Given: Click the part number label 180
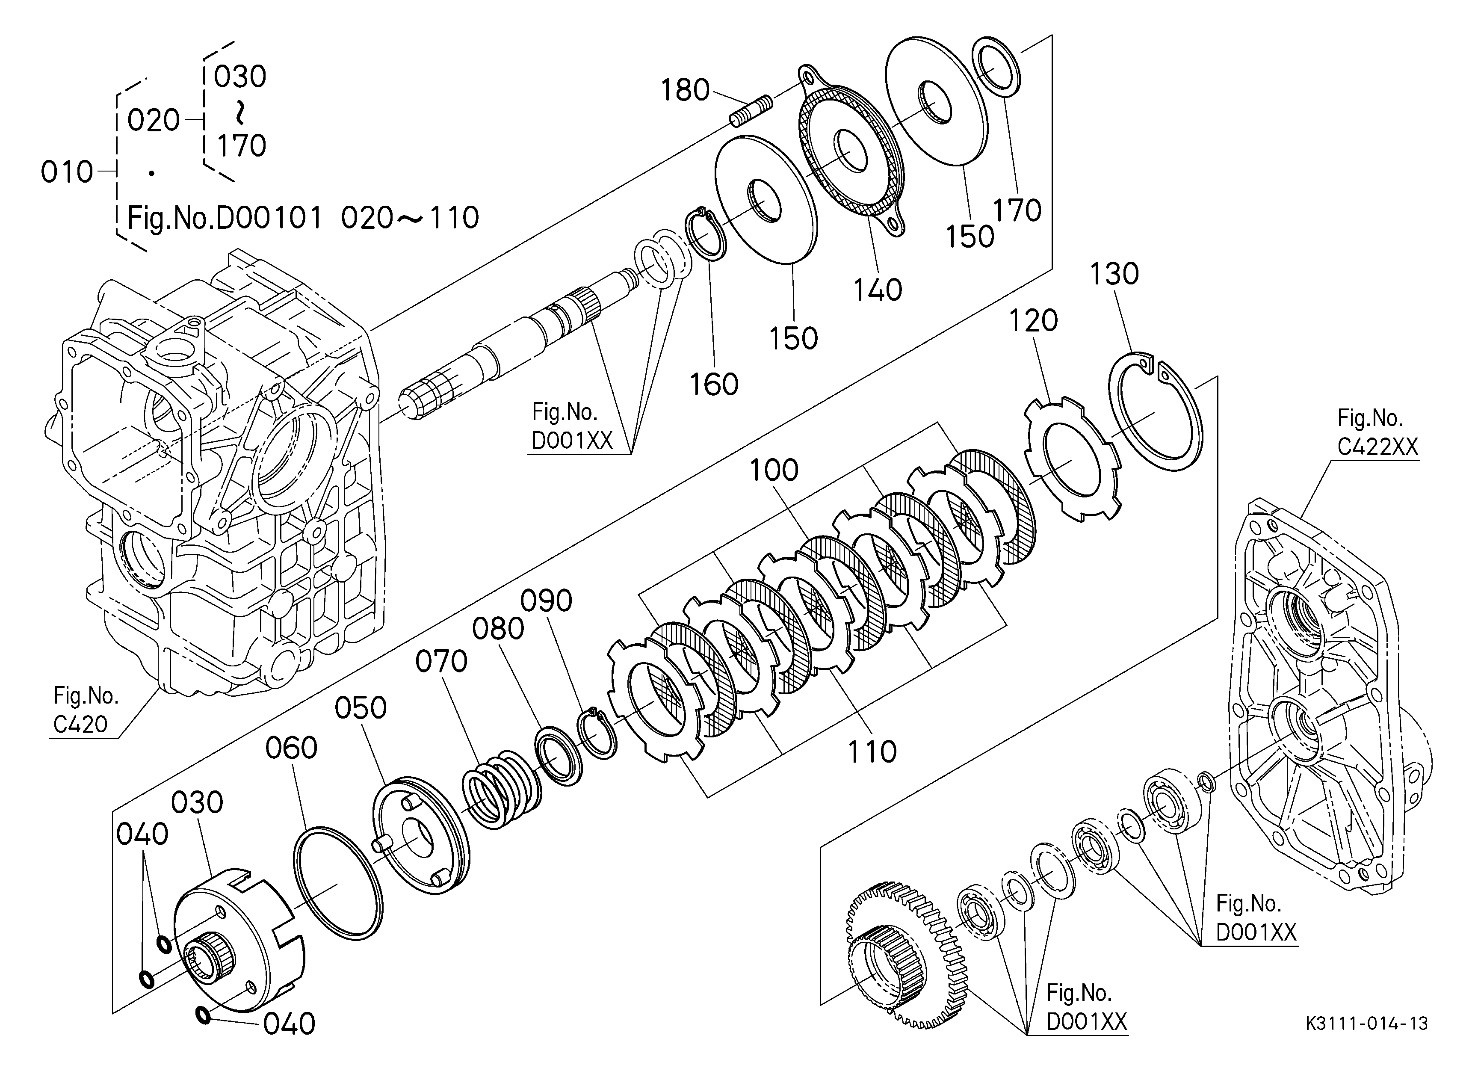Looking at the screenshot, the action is point(685,90).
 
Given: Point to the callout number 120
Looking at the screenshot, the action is point(1033,321).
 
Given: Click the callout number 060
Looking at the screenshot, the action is point(291,749).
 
